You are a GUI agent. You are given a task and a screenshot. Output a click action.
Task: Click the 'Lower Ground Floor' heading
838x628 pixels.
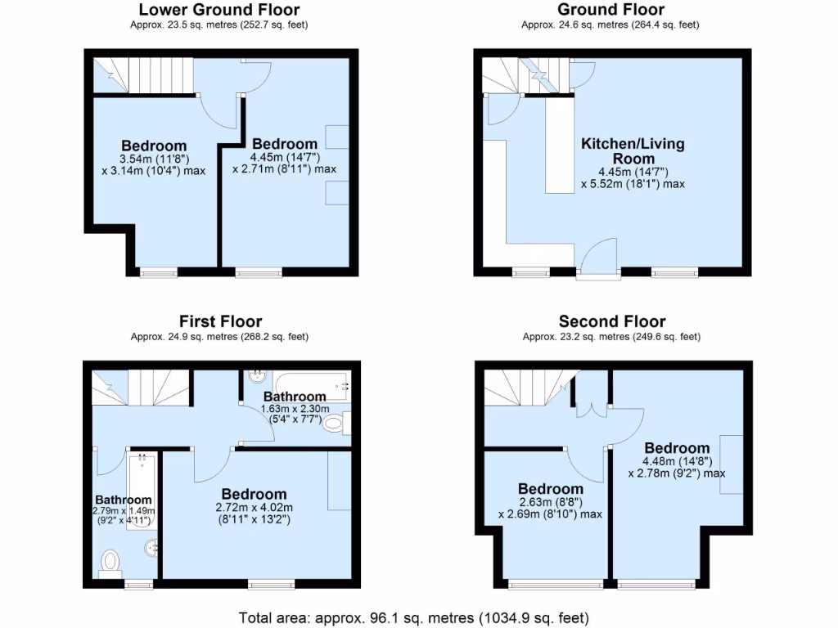[219, 10]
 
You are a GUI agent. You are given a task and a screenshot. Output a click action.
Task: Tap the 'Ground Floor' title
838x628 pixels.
[610, 10]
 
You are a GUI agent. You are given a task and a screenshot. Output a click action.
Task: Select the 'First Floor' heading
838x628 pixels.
[220, 321]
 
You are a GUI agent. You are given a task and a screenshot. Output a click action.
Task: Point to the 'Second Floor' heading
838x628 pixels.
[611, 321]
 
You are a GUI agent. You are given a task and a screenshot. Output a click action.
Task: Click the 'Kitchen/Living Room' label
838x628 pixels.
[633, 150]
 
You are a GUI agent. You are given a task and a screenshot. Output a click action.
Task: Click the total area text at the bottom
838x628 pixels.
[413, 617]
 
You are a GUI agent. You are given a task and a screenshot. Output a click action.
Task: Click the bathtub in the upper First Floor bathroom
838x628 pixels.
[311, 384]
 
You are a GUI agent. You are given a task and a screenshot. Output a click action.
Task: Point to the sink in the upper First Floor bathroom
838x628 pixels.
[255, 379]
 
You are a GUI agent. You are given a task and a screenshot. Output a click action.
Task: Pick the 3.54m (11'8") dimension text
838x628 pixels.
[154, 159]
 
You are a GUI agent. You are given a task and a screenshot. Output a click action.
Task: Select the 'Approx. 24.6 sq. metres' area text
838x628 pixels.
[610, 25]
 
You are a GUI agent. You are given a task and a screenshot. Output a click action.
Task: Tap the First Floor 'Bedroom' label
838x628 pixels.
[254, 494]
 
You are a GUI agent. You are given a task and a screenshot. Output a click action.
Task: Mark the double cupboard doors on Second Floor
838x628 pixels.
[590, 405]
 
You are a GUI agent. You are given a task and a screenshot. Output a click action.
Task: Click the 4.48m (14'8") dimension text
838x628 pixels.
[676, 460]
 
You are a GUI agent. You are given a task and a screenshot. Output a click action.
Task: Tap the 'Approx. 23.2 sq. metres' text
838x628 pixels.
[610, 336]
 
